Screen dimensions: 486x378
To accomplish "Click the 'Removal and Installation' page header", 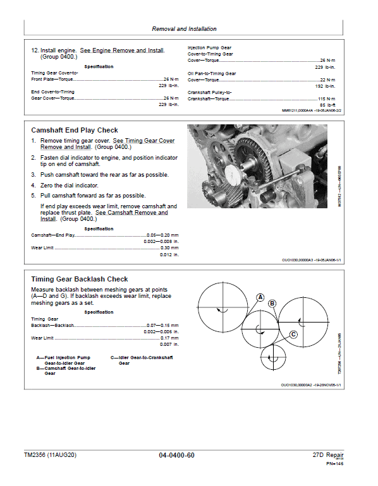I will tap(184, 29).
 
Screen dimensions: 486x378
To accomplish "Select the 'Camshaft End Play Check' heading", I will tap(75, 130).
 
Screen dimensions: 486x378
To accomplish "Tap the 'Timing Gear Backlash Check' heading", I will tap(80, 279).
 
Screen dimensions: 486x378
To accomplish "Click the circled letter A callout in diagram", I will tap(260, 297).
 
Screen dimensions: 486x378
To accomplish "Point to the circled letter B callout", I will tap(272, 304).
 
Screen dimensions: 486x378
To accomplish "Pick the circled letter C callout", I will tap(293, 335).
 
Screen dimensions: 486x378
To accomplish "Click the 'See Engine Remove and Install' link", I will tap(122, 50).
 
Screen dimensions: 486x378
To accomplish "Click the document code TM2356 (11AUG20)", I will tap(50, 455).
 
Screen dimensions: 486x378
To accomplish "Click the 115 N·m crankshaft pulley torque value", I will tap(326, 99).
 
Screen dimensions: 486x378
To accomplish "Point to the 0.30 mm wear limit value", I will tap(168, 247).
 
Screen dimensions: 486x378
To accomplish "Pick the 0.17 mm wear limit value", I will tap(168, 338).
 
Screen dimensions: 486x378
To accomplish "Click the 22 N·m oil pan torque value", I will tap(327, 80).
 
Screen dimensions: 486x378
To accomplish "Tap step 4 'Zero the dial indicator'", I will tap(69, 185).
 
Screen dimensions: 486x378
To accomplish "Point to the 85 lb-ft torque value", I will tap(327, 105).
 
